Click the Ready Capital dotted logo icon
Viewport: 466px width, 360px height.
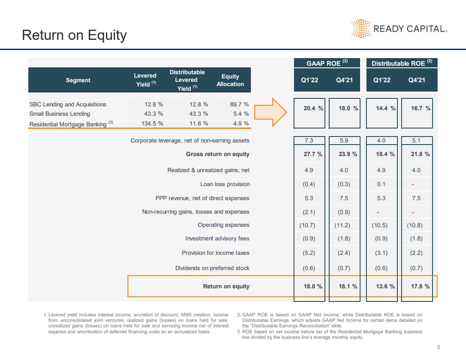[361, 28]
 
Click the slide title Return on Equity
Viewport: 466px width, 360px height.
[74, 35]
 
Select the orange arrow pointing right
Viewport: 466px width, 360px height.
[270, 112]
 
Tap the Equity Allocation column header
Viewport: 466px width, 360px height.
[230, 80]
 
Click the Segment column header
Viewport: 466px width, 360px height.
[78, 80]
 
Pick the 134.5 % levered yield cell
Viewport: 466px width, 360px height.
[152, 123]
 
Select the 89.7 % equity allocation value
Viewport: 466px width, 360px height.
[239, 104]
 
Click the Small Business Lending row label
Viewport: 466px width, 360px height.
[59, 114]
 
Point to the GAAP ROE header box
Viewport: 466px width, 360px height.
[327, 63]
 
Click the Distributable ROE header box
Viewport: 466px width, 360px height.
[402, 63]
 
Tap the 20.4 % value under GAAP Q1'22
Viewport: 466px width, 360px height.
[313, 108]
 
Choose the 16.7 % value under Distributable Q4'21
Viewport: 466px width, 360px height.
[421, 108]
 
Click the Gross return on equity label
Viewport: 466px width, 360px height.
[218, 154]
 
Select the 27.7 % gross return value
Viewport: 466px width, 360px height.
[313, 154]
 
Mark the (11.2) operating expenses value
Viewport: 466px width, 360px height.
[342, 225]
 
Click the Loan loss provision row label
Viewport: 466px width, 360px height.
[225, 184]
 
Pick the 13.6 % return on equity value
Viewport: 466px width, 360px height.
[385, 286]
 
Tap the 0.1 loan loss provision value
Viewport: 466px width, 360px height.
[381, 184]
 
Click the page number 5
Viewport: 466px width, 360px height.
[438, 347]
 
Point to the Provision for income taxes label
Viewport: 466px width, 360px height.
[216, 253]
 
